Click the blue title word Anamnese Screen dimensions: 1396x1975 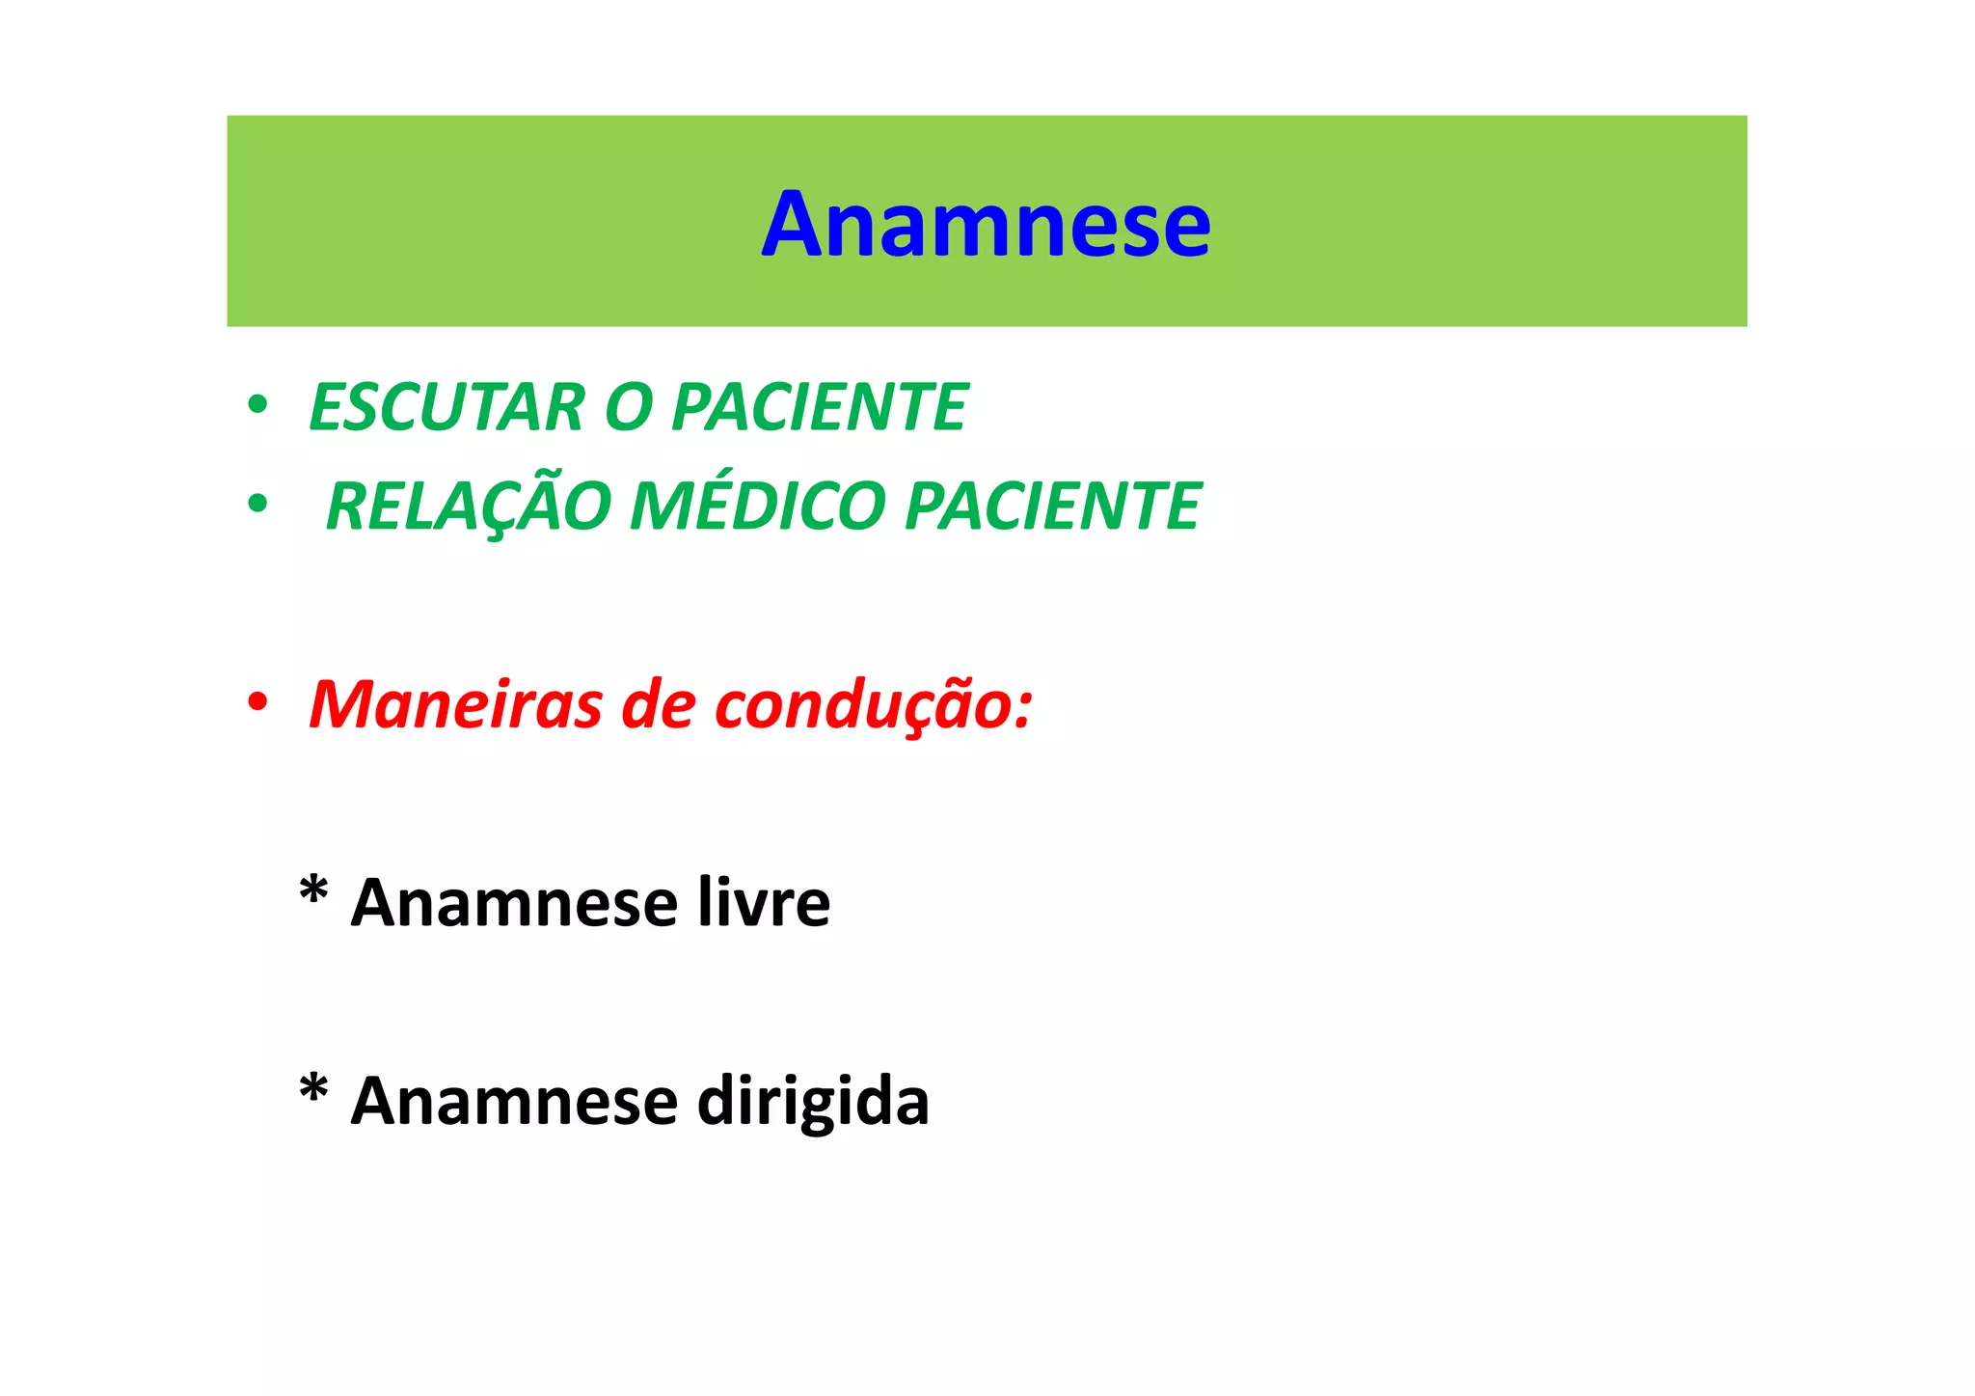[x=986, y=225]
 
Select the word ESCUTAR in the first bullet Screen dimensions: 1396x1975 [x=446, y=407]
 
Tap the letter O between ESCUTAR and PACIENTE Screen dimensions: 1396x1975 [x=628, y=407]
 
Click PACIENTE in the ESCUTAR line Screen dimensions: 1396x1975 [x=820, y=407]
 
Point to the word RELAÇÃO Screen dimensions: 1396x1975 [x=469, y=506]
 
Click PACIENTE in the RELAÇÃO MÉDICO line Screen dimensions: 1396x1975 [x=1053, y=506]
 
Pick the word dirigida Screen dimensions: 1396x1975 [x=813, y=1102]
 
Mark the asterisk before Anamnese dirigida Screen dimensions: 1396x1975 [x=313, y=1088]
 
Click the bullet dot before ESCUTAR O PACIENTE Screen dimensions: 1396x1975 [x=257, y=405]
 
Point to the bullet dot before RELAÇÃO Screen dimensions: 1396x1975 [x=257, y=504]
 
